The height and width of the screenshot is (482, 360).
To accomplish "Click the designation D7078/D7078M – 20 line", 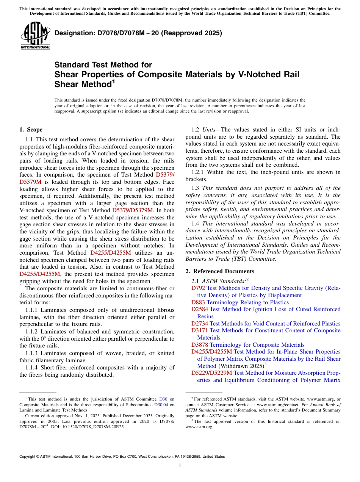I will click(x=138, y=33).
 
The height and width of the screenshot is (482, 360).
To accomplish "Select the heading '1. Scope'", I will click(x=31, y=130).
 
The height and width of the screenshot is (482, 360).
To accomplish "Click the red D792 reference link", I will click(x=198, y=288).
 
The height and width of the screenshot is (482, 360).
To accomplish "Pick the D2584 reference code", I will click(x=200, y=309).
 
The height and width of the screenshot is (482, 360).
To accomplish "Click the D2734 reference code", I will click(x=200, y=324).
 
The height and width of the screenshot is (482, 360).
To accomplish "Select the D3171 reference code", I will click(x=200, y=330).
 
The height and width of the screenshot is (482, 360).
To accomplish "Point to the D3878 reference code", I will click(x=200, y=345).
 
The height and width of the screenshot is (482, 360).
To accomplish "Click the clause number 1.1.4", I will click(x=33, y=368).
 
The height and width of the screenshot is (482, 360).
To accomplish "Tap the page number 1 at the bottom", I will click(x=180, y=466).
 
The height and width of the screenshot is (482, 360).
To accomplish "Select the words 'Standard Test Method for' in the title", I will click(x=103, y=65).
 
